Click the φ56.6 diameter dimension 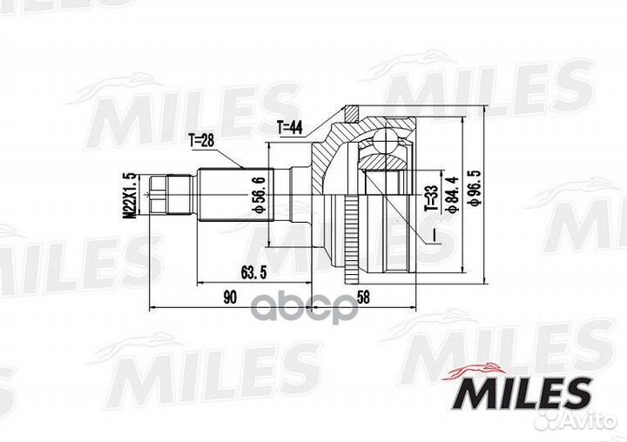[258, 198]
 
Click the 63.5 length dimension [251, 271]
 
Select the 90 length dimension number [228, 298]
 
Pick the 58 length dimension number [364, 298]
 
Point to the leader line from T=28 [233, 156]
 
